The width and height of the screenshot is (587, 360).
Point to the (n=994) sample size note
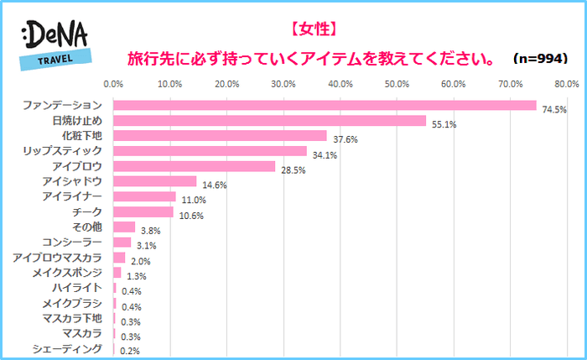[x=543, y=60]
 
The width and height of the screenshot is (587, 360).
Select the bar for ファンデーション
[x=325, y=105]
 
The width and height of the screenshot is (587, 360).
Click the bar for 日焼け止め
[x=269, y=120]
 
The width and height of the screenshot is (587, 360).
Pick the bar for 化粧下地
[x=220, y=135]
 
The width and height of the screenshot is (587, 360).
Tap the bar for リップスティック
[x=210, y=150]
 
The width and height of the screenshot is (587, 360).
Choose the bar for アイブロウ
[x=194, y=166]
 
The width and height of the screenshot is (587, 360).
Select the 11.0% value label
[x=195, y=201]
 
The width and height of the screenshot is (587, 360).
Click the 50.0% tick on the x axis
[x=397, y=84]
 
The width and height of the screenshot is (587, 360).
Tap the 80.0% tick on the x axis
[x=567, y=84]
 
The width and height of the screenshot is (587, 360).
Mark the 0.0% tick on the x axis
[x=113, y=84]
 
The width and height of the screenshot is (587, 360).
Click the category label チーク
[x=87, y=211]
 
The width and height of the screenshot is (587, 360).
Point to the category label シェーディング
[x=67, y=348]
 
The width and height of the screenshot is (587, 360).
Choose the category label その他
[x=86, y=227]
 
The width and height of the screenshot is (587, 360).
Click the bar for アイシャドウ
[x=154, y=181]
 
